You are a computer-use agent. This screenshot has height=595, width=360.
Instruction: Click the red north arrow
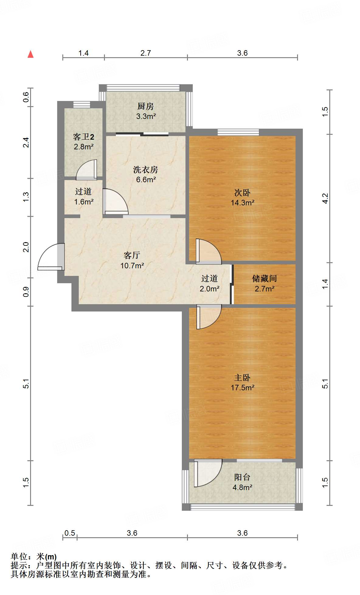coord(30,54)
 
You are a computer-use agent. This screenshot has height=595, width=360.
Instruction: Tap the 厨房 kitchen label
coord(146,106)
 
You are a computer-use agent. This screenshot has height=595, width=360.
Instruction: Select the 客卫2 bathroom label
coord(84,137)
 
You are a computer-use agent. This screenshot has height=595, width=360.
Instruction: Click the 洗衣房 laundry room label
coord(146,169)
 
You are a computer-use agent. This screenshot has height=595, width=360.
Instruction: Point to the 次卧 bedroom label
coord(242,193)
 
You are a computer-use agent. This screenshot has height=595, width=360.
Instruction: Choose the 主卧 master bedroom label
coord(242,378)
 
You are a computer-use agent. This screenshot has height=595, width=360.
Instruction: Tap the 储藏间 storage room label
coord(265,278)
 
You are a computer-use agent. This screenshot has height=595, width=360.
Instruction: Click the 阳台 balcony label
coord(242,477)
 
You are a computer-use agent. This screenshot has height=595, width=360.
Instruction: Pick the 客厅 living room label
coord(132,255)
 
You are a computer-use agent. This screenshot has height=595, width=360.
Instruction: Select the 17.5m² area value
coord(242,388)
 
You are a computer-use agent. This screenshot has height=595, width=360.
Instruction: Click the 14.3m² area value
coord(242,203)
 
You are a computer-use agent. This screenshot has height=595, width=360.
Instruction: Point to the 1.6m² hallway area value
coord(84,202)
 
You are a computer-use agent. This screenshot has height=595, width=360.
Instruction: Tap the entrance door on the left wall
coord(51,257)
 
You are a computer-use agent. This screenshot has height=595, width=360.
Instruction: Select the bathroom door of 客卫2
coord(87,170)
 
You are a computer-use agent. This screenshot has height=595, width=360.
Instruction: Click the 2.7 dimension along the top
coord(146,53)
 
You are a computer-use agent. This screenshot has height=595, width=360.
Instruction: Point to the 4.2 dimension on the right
coord(325,198)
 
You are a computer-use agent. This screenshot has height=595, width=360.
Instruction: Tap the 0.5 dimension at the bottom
coord(70,533)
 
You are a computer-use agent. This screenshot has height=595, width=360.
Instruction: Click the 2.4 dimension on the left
coord(26,142)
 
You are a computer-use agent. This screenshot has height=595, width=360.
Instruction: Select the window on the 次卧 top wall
coord(238,132)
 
